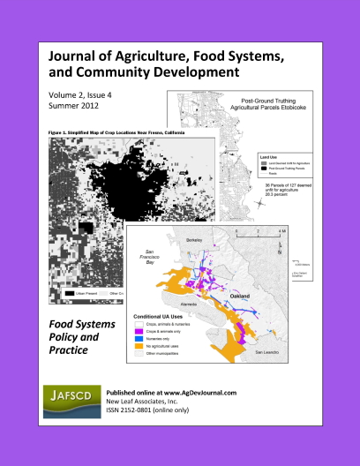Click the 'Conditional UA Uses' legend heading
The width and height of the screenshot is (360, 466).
pyautogui.click(x=162, y=315)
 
